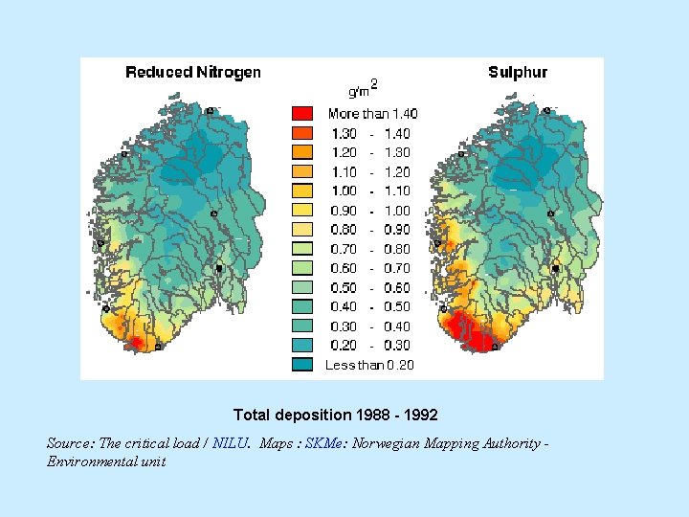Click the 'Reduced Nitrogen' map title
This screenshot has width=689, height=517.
[x=193, y=72]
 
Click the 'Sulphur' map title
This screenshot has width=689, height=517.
[x=518, y=72]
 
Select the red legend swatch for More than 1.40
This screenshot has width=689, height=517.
[x=302, y=114]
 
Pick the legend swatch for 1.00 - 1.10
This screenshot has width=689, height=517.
[x=302, y=191]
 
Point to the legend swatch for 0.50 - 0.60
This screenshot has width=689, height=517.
[x=302, y=287]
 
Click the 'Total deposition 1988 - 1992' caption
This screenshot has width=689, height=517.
[x=335, y=416]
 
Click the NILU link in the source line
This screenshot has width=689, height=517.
[x=231, y=443]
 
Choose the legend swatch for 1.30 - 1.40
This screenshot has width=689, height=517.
[x=302, y=133]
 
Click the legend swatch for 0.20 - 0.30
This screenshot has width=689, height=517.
[x=302, y=345]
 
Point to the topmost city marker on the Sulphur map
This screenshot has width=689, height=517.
[x=547, y=111]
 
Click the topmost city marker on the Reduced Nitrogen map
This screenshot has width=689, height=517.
[x=211, y=111]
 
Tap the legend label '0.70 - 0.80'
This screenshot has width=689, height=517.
[x=369, y=249]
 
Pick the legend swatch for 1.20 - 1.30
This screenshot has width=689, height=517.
[x=302, y=152]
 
